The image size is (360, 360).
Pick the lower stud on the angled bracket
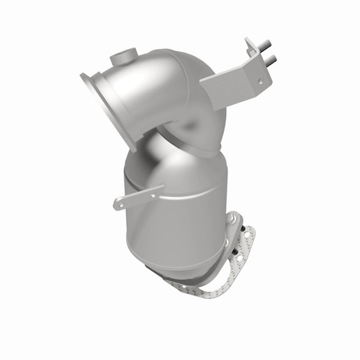pos(271,58)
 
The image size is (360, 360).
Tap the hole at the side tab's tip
pos(118,205)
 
